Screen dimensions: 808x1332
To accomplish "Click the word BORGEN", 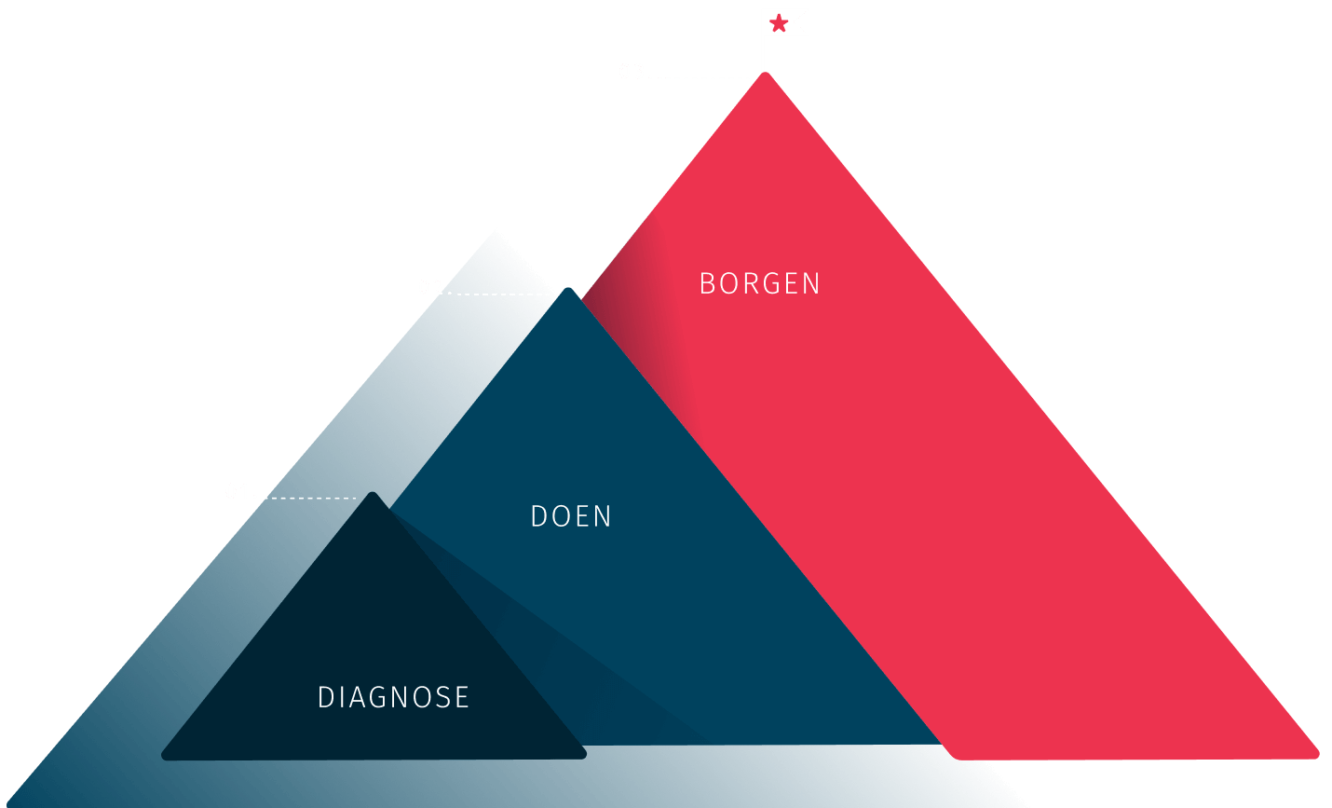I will click(759, 283).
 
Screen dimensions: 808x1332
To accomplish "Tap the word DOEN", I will click(571, 516).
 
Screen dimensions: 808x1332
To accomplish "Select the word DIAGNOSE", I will click(393, 697).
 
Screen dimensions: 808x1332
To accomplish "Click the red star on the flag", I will click(779, 22).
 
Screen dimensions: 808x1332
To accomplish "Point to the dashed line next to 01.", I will click(309, 498).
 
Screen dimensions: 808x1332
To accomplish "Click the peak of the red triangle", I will click(765, 75).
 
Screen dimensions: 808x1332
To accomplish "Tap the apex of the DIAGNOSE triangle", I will click(373, 495).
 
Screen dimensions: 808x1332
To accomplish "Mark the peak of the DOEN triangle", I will click(567, 291).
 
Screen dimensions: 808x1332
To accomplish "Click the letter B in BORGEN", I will click(706, 283).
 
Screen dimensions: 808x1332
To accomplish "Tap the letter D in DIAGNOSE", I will click(325, 697).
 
